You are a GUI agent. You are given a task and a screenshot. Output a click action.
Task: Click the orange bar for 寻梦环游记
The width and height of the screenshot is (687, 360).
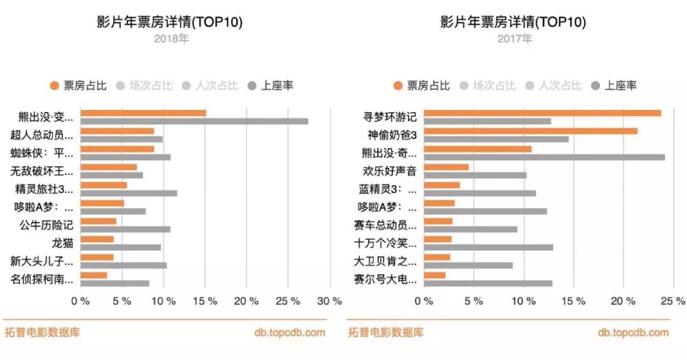(542, 113)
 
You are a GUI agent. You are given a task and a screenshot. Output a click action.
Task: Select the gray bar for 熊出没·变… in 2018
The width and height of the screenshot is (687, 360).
(194, 121)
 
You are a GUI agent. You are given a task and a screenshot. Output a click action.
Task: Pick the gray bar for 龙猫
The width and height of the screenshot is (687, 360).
(121, 247)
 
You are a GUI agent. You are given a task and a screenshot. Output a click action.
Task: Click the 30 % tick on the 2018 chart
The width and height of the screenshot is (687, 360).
(330, 301)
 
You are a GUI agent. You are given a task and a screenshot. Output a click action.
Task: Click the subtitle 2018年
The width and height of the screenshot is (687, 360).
(171, 39)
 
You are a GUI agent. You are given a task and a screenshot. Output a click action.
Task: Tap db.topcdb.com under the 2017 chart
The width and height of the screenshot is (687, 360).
(633, 333)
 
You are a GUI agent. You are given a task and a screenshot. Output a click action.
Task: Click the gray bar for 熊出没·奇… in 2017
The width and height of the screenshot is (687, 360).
(544, 157)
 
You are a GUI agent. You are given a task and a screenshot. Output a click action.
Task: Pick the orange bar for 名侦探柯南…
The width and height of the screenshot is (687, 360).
(94, 275)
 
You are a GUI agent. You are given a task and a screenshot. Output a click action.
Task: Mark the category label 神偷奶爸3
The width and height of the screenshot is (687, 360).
(391, 135)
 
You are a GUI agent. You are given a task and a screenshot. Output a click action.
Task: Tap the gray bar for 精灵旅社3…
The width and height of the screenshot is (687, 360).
(129, 193)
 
